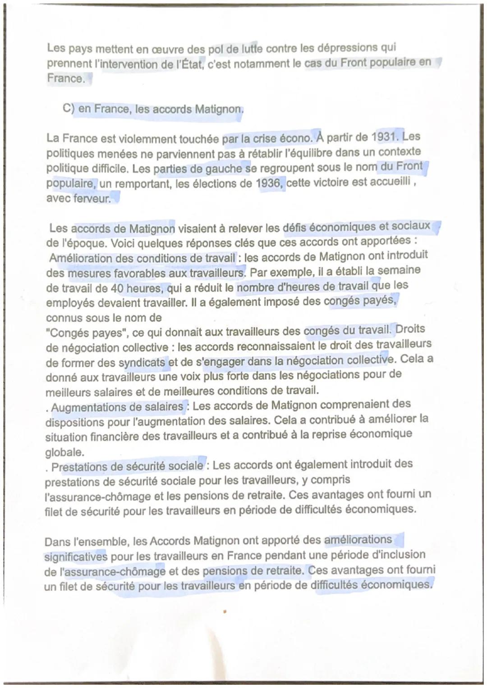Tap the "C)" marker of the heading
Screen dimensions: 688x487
pyautogui.click(x=69, y=109)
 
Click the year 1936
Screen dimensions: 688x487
pyautogui.click(x=270, y=183)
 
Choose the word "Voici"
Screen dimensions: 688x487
pyautogui.click(x=126, y=243)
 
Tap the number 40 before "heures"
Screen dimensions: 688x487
pyautogui.click(x=117, y=288)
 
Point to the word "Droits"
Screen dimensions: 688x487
pyautogui.click(x=410, y=329)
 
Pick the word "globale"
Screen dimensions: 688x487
pyautogui.click(x=64, y=452)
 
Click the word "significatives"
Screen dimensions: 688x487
pyautogui.click(x=76, y=557)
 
